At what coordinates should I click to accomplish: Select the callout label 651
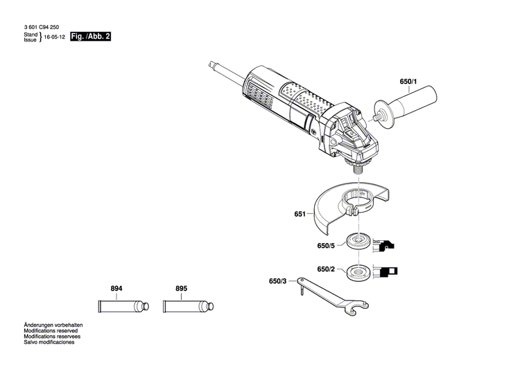click(300, 215)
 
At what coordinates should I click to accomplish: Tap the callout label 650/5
click(326, 244)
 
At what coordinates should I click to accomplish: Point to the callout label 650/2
click(326, 269)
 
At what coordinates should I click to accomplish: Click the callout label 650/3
click(277, 281)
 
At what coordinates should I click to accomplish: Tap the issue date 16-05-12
click(54, 39)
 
